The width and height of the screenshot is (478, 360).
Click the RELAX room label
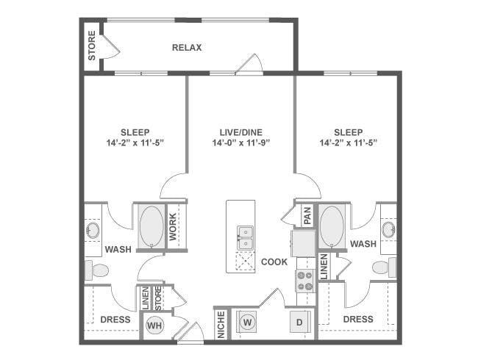coord(187,48)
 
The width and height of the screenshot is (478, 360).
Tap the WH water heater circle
coord(154,325)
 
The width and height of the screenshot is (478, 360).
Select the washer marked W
coord(248,322)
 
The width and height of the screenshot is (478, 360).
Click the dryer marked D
coord(299,322)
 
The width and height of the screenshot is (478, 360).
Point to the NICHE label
coord(221,325)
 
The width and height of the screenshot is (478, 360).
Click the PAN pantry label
coord(307,216)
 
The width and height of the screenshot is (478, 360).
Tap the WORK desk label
coord(173,226)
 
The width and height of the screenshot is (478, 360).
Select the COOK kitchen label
coord(274,262)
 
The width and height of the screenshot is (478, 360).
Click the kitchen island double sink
coord(246,237)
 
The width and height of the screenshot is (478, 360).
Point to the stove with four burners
coord(305,281)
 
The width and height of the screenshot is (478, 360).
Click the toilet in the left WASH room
coord(96,270)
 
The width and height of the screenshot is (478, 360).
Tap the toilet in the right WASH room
coord(385,267)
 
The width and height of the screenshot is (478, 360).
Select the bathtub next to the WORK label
coord(151,226)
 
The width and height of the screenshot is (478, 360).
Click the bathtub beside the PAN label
coord(332,226)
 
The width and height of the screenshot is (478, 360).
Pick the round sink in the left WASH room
coord(93,230)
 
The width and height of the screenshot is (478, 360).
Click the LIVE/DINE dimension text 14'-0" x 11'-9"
coord(241,143)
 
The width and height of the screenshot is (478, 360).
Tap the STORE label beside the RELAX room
coord(92,46)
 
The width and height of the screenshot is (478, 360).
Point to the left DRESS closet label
coord(115,320)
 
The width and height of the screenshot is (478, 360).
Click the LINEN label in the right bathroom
coord(324,267)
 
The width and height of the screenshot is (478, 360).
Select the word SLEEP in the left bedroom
coord(135,132)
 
